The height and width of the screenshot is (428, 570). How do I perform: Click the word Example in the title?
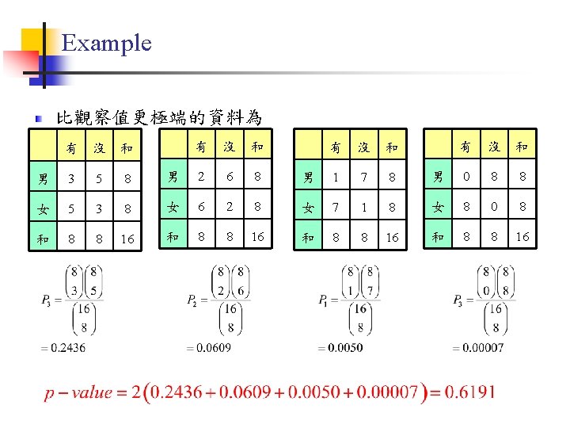click(x=106, y=43)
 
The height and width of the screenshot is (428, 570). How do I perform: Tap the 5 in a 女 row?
click(x=71, y=207)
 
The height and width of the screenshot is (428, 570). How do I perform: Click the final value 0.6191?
click(x=472, y=392)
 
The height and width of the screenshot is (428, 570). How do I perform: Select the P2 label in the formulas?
click(x=192, y=300)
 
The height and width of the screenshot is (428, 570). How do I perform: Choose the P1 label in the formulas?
click(x=323, y=300)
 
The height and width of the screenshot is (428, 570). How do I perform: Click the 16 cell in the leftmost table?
click(x=127, y=236)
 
